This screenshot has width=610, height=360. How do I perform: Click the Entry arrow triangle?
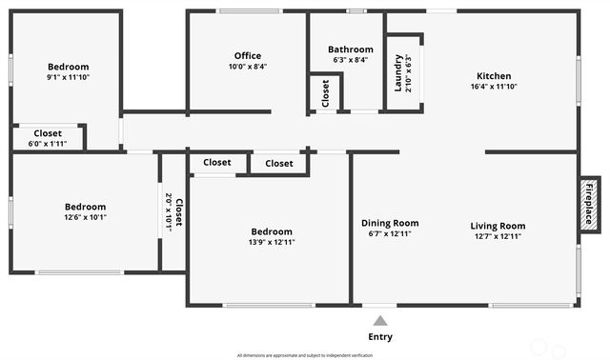pos(380,321)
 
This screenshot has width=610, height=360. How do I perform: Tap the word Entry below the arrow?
pos(380,337)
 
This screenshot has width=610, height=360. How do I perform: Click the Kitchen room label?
pos(494,76)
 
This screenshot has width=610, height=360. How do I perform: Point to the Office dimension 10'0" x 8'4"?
pos(247,67)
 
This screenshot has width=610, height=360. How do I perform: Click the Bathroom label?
pos(351,50)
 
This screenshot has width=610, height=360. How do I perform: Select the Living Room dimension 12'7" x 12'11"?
pos(498,234)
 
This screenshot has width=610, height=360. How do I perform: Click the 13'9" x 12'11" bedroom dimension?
pos(272,242)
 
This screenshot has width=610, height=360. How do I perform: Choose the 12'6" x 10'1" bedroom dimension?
pos(85,217)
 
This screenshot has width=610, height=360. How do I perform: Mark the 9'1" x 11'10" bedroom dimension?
pos(68,78)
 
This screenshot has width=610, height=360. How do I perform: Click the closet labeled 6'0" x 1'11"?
pos(48,143)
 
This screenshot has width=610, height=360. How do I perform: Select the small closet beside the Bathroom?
pos(326,93)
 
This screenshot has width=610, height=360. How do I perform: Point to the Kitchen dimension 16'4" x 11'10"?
pos(494,87)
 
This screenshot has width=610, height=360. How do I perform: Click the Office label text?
pos(247,56)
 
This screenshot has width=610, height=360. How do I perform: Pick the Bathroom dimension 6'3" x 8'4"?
pos(351,60)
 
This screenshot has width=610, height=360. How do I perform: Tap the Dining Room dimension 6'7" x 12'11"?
pos(390,234)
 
